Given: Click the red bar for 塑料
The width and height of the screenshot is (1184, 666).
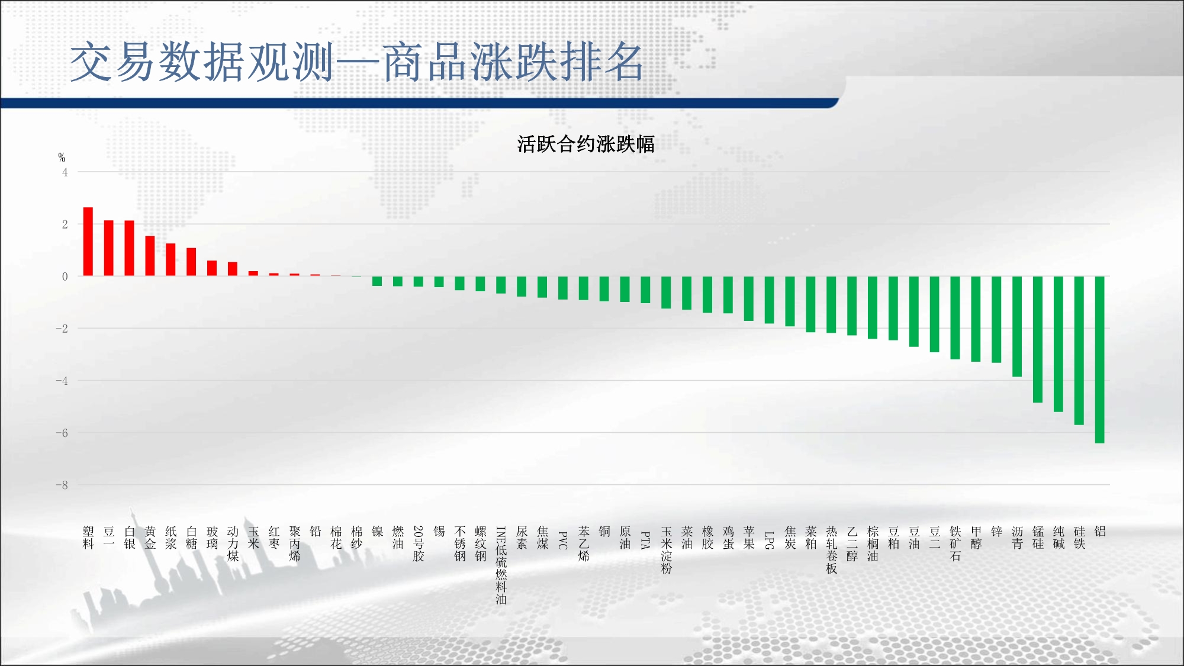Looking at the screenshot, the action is point(88,242).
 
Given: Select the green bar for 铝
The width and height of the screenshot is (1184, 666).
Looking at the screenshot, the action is point(1099,359).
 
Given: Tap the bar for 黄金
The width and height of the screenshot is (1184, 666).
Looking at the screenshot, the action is point(150,256).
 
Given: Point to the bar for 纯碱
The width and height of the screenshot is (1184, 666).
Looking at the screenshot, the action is point(1058,344).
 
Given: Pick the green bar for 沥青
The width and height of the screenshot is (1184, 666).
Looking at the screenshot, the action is point(1017,326).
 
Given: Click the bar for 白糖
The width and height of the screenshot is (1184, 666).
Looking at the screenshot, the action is point(191,262).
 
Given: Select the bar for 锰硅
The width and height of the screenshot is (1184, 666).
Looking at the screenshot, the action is point(1038,339).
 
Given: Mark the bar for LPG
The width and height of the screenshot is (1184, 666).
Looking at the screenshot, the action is point(769,300).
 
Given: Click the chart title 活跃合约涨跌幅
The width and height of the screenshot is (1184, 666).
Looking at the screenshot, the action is point(585,144).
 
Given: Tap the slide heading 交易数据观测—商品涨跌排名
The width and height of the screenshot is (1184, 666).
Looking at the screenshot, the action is point(356,62).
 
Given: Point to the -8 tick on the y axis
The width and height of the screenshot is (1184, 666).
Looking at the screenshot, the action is point(62,485).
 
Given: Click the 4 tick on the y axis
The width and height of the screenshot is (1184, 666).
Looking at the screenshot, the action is point(65,172).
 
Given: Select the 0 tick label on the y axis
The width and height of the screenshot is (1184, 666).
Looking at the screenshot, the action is point(65,276).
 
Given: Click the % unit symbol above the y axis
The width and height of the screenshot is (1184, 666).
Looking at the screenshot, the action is point(62,157).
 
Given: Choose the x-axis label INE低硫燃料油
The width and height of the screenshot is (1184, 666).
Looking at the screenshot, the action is point(501,565).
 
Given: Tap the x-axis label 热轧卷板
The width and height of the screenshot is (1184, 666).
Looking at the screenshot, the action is point(831,550).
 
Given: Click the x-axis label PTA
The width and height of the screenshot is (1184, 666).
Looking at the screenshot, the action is point(645,540).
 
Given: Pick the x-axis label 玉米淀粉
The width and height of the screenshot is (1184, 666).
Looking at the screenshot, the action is point(666,550).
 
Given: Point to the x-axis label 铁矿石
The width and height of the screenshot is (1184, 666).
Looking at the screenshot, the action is point(955,544).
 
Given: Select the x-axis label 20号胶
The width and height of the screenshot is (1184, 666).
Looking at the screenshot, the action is point(419,543).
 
